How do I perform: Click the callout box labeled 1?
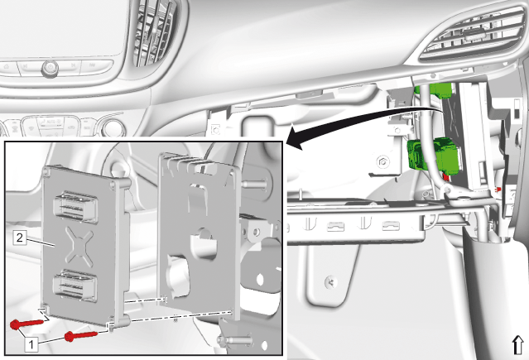point(31,345)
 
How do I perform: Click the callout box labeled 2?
point(20,238)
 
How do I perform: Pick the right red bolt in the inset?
point(80,336)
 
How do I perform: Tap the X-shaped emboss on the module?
point(79,245)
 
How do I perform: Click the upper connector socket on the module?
point(75,207)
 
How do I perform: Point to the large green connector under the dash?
point(433,156)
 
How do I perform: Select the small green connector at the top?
point(435,90)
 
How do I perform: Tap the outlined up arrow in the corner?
point(518,345)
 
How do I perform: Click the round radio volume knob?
point(50,70)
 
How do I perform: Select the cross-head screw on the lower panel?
point(330,282)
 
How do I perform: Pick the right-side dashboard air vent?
point(472,35)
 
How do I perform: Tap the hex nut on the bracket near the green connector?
point(382,162)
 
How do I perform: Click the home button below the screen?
point(7,66)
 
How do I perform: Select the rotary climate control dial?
point(113,127)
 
